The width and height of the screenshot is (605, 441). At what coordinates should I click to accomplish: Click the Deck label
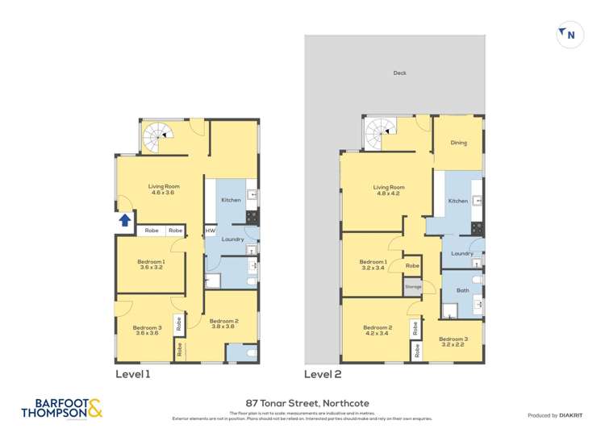pos(399,73)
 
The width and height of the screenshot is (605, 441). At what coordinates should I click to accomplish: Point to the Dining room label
pos(458,143)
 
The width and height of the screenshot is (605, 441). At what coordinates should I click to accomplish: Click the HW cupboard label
pos(210,231)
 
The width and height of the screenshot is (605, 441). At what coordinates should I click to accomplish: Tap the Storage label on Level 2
pos(412,286)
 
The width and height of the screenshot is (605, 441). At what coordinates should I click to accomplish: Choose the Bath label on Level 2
pos(462,290)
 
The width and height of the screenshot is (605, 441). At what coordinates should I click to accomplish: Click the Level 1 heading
pos(133,374)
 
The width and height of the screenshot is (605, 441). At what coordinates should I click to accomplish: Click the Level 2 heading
pos(323,374)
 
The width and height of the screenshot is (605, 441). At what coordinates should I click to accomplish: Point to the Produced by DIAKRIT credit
pos(558,415)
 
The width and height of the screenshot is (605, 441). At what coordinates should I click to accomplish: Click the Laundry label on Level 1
pos(232,239)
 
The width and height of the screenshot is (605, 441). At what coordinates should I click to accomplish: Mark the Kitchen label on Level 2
pos(457,201)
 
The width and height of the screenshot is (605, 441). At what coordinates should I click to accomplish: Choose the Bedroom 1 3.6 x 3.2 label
pos(151,264)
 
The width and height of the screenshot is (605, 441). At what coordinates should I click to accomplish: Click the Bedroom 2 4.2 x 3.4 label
pos(377,331)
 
